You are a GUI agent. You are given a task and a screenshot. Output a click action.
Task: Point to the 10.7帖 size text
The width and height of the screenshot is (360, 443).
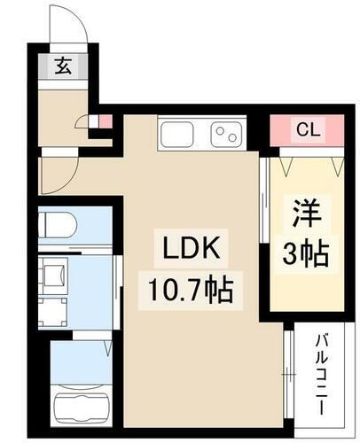(188, 290)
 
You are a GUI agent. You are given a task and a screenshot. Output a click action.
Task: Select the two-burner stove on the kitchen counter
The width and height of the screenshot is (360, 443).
(224, 136)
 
